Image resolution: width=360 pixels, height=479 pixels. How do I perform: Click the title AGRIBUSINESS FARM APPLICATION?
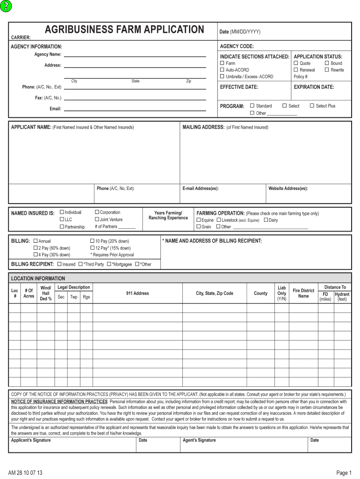[x=124, y=30]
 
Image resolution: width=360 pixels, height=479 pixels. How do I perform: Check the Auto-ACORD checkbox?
[x=222, y=70]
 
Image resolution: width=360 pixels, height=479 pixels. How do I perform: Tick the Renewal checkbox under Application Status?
[x=296, y=70]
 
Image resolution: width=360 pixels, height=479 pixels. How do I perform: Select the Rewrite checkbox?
[x=327, y=70]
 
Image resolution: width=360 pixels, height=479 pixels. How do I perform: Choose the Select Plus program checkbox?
[x=312, y=106]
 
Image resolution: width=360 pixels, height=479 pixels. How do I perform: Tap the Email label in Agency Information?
[x=55, y=109]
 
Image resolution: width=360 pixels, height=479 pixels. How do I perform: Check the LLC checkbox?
[x=62, y=219]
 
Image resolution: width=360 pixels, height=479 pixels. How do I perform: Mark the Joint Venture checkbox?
[x=97, y=219]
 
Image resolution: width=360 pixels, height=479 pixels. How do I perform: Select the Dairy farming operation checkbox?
[x=266, y=220]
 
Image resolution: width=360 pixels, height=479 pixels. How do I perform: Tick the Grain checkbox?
[x=199, y=227]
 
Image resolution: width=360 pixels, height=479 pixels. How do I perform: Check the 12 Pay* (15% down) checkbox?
[x=92, y=248]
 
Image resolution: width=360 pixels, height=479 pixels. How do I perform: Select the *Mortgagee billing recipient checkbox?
[x=109, y=264]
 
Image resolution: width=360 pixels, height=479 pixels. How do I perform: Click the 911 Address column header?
[x=137, y=293]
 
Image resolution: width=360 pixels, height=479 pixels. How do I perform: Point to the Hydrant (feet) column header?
[x=342, y=297]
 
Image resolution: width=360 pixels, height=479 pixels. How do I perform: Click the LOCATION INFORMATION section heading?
[x=38, y=278]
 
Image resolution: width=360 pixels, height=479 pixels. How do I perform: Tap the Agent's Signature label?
[x=199, y=440]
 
